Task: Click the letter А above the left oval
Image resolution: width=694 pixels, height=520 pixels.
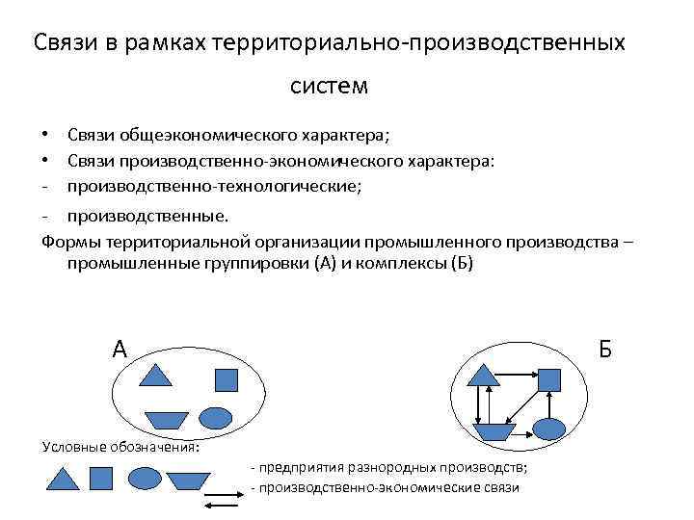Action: point(120,349)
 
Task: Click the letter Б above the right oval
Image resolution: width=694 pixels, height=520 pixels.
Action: point(604,349)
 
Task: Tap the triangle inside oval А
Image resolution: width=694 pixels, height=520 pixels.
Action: point(155,375)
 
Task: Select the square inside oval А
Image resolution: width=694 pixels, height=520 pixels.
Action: point(226,380)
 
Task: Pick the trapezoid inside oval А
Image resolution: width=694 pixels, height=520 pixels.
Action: point(166,419)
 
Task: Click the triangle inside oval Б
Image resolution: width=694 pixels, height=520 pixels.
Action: point(480,374)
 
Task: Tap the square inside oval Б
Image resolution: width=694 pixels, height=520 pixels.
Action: point(548,379)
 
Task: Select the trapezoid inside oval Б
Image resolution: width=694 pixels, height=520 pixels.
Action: point(492,430)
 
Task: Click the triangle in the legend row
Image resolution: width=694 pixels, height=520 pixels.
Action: point(63,479)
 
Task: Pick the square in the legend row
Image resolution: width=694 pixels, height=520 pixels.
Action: point(101,479)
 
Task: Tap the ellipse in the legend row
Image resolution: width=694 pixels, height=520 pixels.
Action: point(145,478)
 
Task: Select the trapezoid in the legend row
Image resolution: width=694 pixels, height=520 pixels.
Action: point(188,479)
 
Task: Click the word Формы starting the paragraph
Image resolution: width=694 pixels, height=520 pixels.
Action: point(67,241)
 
